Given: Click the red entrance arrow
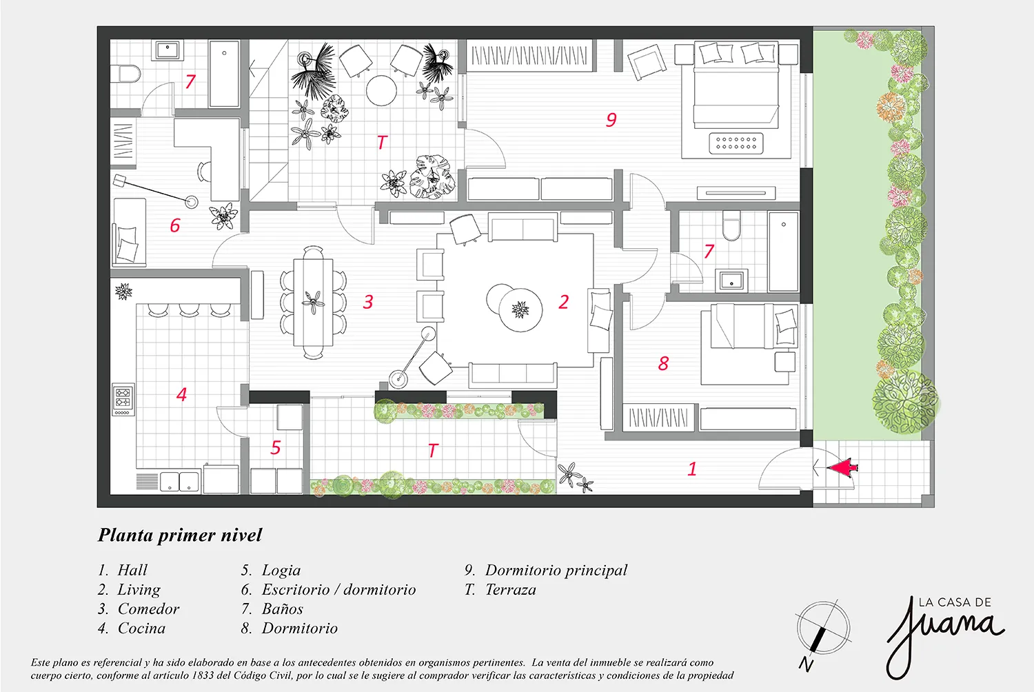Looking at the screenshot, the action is click(x=842, y=467).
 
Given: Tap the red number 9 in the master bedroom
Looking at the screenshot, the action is click(x=611, y=119).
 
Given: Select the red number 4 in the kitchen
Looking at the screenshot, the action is click(x=182, y=394).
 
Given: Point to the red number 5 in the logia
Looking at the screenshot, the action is click(x=276, y=447).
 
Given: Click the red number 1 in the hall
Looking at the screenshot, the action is click(x=692, y=469).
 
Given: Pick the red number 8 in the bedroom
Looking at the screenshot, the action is click(x=663, y=363).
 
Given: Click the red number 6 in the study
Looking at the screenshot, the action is click(x=174, y=225).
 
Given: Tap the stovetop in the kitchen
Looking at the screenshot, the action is click(x=123, y=399).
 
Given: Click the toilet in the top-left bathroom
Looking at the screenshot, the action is click(x=130, y=74).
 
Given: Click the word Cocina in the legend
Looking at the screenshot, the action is click(x=141, y=629).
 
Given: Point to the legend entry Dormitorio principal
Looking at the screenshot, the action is click(x=546, y=571).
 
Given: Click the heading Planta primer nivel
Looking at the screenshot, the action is click(x=179, y=536).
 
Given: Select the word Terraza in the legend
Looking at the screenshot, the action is click(x=511, y=590).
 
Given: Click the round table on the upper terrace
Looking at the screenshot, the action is click(x=381, y=91).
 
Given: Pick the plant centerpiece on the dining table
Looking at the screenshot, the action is click(x=314, y=302).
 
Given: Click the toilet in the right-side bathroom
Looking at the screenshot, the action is click(x=731, y=226).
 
